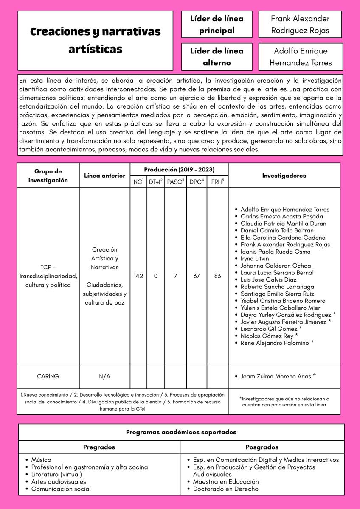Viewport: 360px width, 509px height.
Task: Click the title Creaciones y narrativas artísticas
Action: [x=95, y=40]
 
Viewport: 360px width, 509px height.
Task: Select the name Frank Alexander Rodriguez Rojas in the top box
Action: [x=300, y=25]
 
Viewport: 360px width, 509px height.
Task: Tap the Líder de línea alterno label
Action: [x=217, y=57]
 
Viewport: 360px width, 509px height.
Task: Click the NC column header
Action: [x=138, y=182]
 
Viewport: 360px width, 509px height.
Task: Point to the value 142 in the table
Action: [x=138, y=276]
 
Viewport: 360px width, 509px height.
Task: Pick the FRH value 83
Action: [x=217, y=276]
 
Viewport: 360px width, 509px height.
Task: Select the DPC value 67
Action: [x=196, y=276]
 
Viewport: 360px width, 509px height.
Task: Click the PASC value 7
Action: [x=175, y=276]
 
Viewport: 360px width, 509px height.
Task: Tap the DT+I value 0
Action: [x=156, y=276]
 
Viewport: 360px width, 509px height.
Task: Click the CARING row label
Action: [x=48, y=376]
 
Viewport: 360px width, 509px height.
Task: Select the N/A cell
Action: [x=104, y=376]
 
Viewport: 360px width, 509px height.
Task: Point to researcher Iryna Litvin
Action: [x=255, y=258]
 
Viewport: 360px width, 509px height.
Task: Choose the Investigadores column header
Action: [x=284, y=176]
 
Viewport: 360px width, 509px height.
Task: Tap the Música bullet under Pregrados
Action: [x=41, y=460]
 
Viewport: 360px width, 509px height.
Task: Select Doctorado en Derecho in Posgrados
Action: [x=225, y=489]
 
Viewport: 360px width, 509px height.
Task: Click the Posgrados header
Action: [x=262, y=447]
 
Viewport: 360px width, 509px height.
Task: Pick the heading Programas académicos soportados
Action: [x=181, y=432]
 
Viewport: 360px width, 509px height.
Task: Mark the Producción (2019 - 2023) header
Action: [x=179, y=170]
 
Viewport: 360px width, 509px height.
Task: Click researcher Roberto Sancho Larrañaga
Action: [x=277, y=287]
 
